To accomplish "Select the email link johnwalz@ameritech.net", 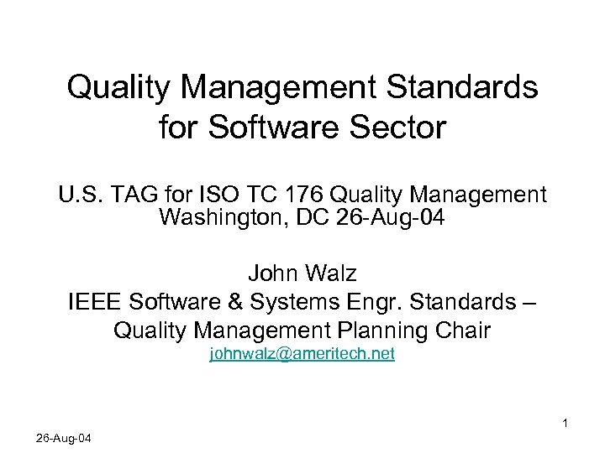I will [302, 354].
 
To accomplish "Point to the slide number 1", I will [566, 423].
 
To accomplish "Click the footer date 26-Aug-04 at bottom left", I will [65, 439].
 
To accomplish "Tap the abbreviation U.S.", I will [78, 196].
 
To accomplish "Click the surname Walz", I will [332, 273].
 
